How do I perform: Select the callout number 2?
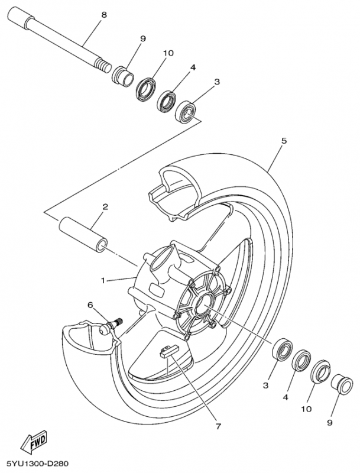click(x=105, y=207)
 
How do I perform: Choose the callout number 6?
click(x=90, y=305)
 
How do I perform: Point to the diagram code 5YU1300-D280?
click(x=39, y=464)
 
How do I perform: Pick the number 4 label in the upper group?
click(x=193, y=69)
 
